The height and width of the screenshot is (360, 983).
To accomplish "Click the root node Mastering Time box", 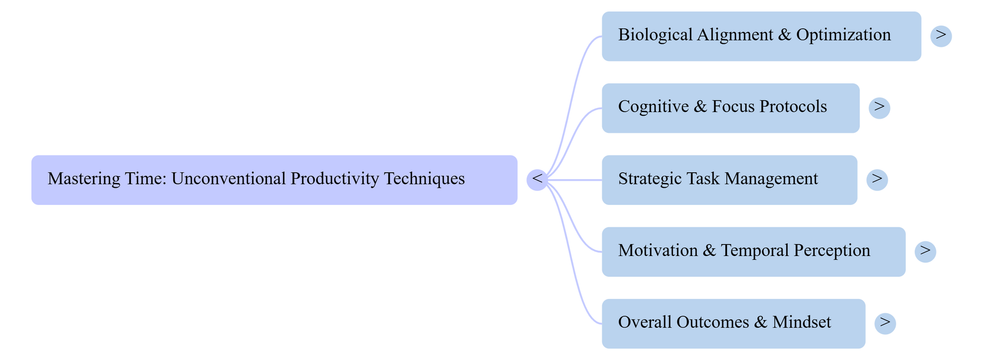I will pyautogui.click(x=274, y=180).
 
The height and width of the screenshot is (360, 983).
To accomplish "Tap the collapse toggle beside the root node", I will pyautogui.click(x=537, y=179).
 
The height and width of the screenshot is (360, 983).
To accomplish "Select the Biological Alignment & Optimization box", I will pyautogui.click(x=761, y=36).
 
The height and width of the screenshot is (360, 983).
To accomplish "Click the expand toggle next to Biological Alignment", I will pyautogui.click(x=941, y=36).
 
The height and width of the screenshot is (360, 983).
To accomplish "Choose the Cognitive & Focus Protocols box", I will pyautogui.click(x=730, y=108).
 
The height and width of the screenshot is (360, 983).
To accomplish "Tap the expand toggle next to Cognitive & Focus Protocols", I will pyautogui.click(x=879, y=108).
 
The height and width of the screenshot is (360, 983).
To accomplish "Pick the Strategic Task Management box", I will pyautogui.click(x=729, y=180).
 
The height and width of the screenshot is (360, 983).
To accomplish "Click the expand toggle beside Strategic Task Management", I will pyautogui.click(x=876, y=179).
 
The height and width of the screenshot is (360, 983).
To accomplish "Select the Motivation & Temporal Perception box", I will pyautogui.click(x=753, y=251).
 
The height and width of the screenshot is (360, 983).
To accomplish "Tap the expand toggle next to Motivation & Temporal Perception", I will pyautogui.click(x=925, y=251).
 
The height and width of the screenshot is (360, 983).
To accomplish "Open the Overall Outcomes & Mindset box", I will pyautogui.click(x=733, y=323).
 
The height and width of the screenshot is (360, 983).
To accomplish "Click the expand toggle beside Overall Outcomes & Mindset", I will pyautogui.click(x=885, y=323).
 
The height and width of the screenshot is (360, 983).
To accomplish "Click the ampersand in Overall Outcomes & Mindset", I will pyautogui.click(x=760, y=322).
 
